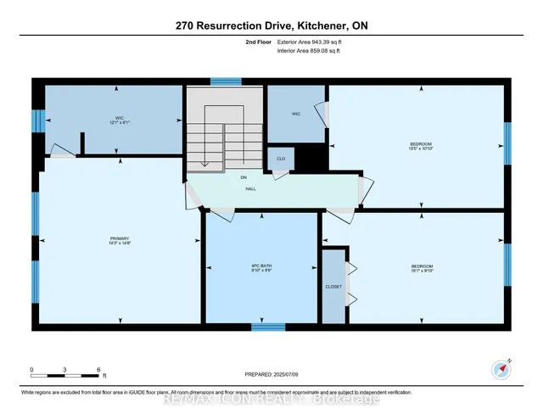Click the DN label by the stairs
point(244,176)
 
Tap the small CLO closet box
point(281,159)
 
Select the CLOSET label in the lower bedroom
point(333,287)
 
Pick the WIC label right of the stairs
point(297,114)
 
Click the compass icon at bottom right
point(501,367)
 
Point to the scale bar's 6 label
point(98,370)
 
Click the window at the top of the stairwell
point(227,82)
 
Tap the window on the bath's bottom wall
point(267,327)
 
